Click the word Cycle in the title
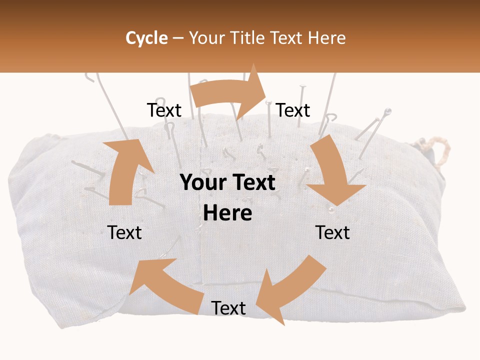(x=146, y=38)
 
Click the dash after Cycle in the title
(x=178, y=38)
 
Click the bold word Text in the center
(x=254, y=183)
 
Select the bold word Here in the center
(x=227, y=213)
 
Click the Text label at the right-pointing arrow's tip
(x=293, y=110)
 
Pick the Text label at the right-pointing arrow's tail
(x=164, y=110)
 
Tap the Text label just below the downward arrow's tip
(x=332, y=232)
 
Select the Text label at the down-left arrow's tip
(x=228, y=308)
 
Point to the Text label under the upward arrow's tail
(x=124, y=232)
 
